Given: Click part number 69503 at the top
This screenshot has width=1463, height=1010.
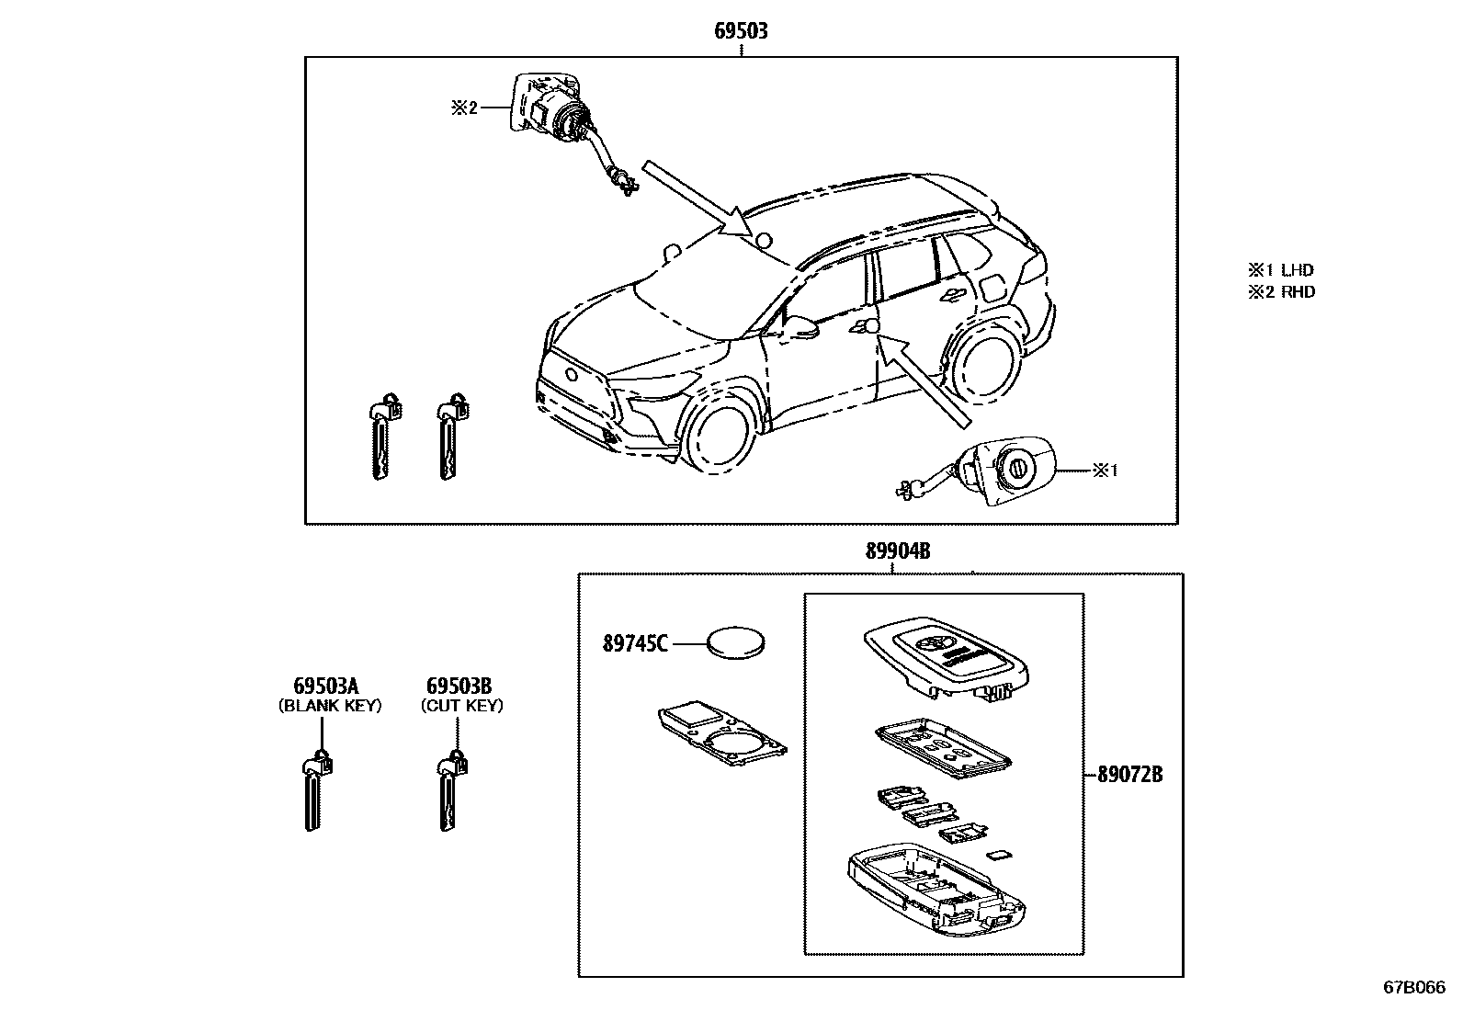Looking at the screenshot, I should pyautogui.click(x=741, y=31).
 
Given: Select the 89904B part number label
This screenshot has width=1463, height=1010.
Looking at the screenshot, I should pyautogui.click(x=897, y=551).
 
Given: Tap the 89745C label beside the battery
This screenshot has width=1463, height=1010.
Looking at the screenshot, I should pyautogui.click(x=635, y=644).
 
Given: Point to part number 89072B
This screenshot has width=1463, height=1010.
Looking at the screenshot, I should pyautogui.click(x=1129, y=775).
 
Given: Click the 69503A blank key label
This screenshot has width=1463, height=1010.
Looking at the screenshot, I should pyautogui.click(x=326, y=686).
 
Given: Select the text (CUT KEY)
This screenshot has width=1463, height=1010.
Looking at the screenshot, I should pyautogui.click(x=461, y=706).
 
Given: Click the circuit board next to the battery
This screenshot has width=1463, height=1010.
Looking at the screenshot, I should pyautogui.click(x=722, y=735).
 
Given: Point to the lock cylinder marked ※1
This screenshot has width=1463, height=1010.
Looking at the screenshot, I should pyautogui.click(x=1007, y=471).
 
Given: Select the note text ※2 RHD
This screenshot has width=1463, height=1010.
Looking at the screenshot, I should pyautogui.click(x=1281, y=292).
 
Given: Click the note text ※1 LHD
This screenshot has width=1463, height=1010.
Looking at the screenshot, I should pyautogui.click(x=1281, y=270).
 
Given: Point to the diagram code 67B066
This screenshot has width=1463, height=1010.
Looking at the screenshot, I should pyautogui.click(x=1413, y=987).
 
